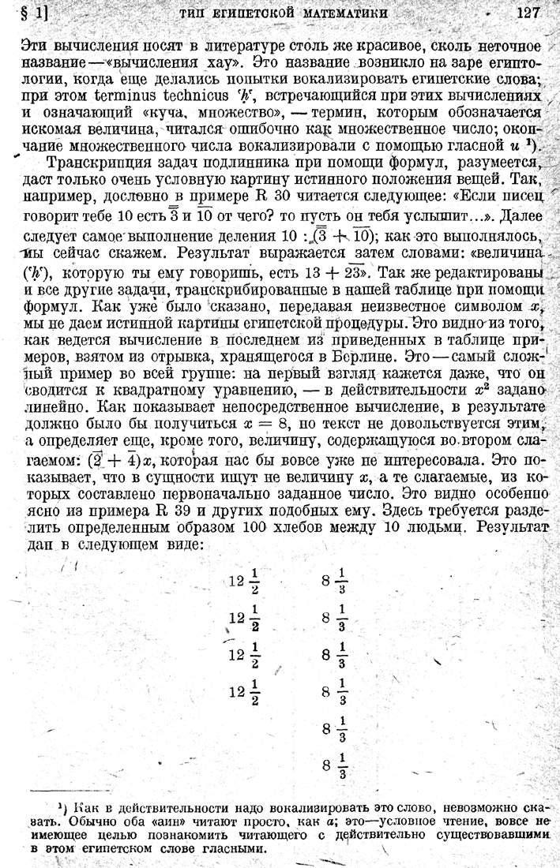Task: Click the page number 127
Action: point(526,13)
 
